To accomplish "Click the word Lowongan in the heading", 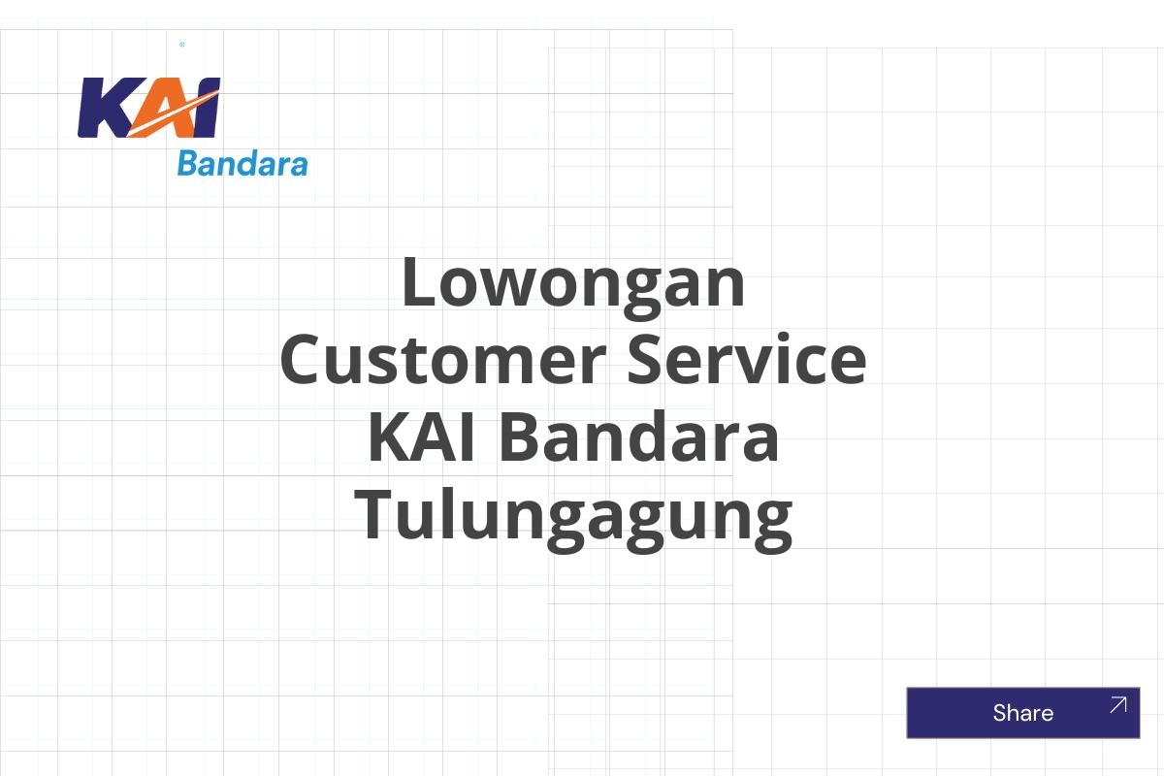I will (573, 282).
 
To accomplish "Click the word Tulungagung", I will (573, 517).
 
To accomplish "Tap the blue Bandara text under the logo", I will (242, 164).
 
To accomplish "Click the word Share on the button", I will (1022, 713).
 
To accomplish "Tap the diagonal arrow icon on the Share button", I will (1117, 705).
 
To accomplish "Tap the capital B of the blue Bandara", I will (187, 164).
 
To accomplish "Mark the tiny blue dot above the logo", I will (182, 45).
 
